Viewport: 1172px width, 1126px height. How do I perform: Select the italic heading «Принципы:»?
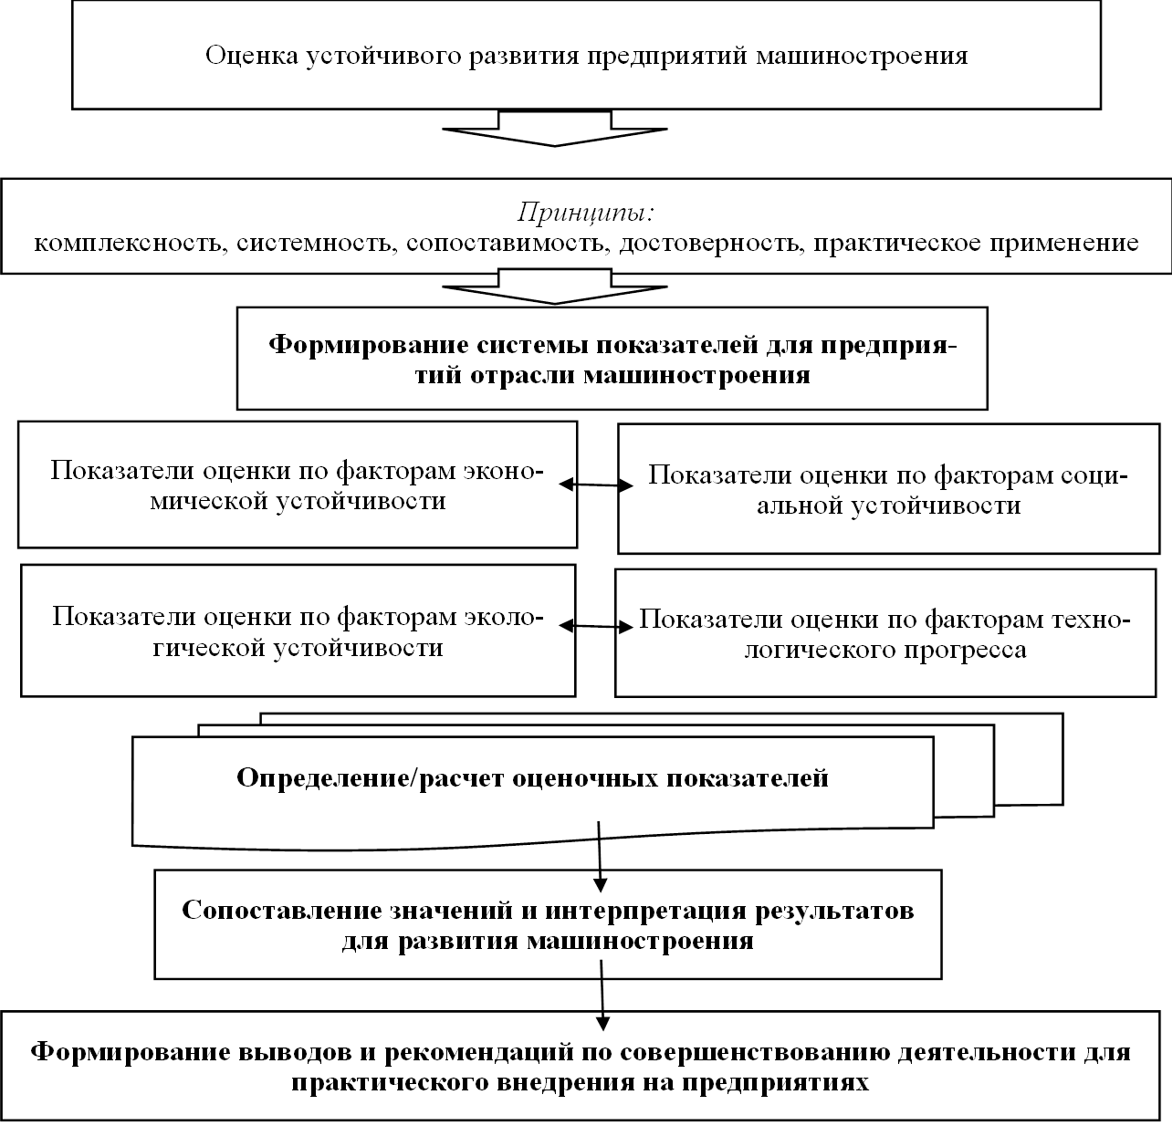pyautogui.click(x=586, y=213)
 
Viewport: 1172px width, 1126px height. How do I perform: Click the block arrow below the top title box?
pyautogui.click(x=555, y=129)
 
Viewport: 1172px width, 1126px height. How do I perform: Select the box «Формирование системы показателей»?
pyautogui.click(x=612, y=359)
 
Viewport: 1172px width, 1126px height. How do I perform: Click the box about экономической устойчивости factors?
pyautogui.click(x=298, y=485)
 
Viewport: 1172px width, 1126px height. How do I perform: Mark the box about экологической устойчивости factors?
pyautogui.click(x=298, y=631)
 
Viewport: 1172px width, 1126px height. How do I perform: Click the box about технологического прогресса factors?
pyautogui.click(x=884, y=634)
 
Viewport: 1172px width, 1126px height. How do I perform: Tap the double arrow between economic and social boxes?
pyautogui.click(x=596, y=485)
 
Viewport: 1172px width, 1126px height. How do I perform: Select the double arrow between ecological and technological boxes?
pyautogui.click(x=596, y=627)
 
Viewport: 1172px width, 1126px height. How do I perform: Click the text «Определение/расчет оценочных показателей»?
pyautogui.click(x=532, y=778)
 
